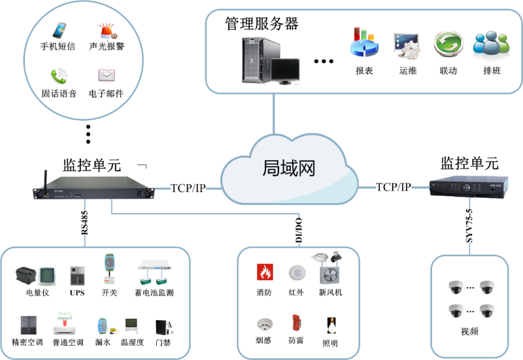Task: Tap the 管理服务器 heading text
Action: [261, 24]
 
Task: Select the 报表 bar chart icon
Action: [364, 44]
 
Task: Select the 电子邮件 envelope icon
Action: [107, 75]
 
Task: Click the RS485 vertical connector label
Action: [84, 223]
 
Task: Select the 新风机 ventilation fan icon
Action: [330, 271]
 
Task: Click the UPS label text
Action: [77, 293]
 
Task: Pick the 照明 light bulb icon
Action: [331, 323]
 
